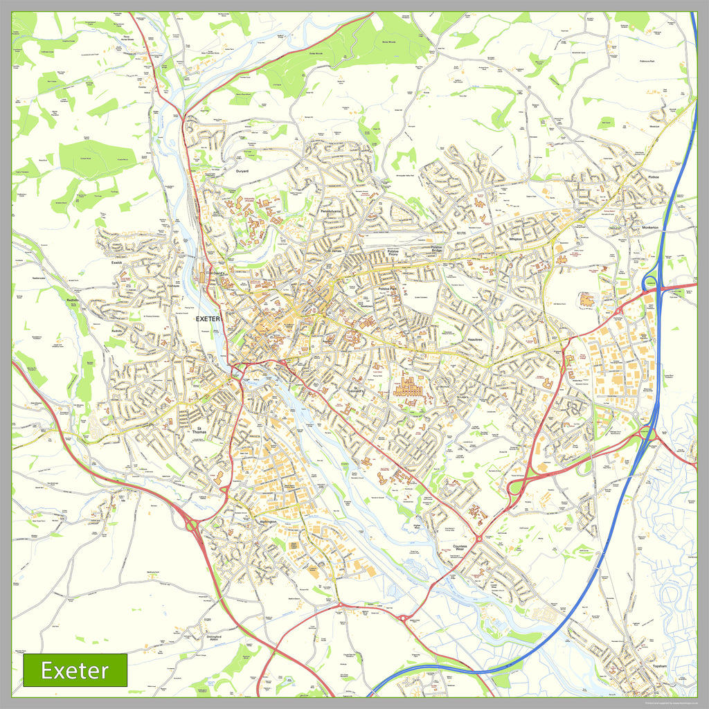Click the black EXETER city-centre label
coord(208,319)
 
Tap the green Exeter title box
coord(75,670)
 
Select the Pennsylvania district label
coord(330,211)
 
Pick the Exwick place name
coord(116,263)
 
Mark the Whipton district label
coord(514,239)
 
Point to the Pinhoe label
coord(654,177)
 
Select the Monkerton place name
coord(650,227)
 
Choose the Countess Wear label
coord(460,549)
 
